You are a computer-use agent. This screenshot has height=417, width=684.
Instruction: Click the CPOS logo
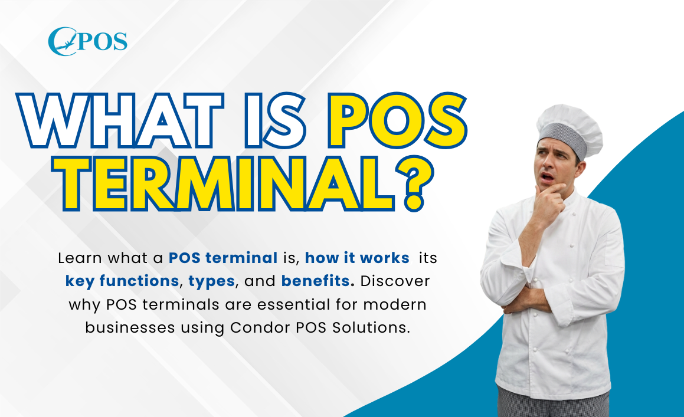[x=87, y=42]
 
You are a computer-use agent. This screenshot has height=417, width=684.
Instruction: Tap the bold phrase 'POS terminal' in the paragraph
[x=222, y=258]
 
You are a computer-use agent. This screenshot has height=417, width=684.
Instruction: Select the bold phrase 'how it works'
[x=357, y=258]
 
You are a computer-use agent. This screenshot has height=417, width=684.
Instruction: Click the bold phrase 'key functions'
[x=122, y=281]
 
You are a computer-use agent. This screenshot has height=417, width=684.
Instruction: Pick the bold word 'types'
[x=212, y=281]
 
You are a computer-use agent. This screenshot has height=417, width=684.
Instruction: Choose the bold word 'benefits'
[x=317, y=281]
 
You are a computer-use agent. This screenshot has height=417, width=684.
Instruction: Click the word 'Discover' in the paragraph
[x=395, y=281]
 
